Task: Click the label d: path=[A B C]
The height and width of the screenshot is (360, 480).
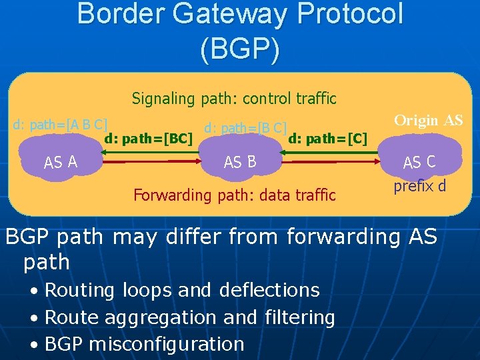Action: [x=61, y=125]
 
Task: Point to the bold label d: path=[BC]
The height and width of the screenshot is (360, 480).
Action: [x=149, y=139]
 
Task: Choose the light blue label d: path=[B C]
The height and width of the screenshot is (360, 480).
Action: [x=245, y=127]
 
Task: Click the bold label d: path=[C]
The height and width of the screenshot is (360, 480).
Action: [x=328, y=139]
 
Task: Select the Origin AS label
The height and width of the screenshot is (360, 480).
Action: [x=428, y=121]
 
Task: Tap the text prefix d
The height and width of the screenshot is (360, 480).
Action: [x=419, y=186]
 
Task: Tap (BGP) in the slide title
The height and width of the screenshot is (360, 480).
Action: [x=240, y=51]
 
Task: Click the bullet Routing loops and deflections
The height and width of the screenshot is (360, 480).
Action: [x=182, y=291]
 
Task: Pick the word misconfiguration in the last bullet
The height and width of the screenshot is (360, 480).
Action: [x=166, y=345]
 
